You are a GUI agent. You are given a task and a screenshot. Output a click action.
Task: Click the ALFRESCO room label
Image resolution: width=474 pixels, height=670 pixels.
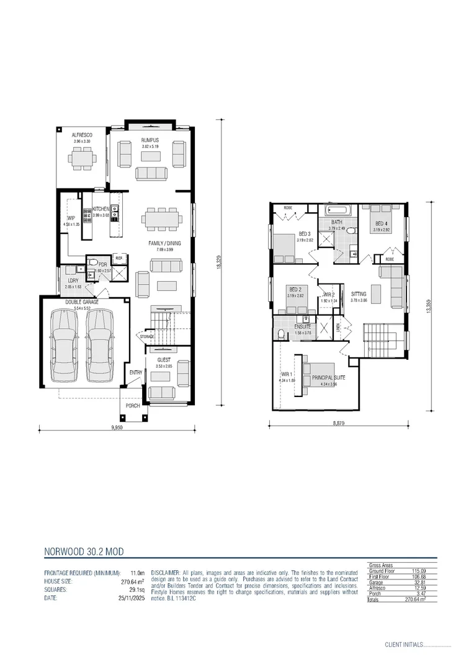click(x=81, y=135)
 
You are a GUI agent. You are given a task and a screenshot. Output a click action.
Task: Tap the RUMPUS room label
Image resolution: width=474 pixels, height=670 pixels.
click(x=150, y=141)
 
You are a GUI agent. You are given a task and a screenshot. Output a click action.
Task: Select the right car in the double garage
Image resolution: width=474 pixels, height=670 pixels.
click(x=101, y=345)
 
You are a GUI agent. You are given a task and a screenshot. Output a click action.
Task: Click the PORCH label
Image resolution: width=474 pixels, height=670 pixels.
click(x=133, y=406)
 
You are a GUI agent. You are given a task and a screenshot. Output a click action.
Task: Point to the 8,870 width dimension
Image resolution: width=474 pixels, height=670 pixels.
click(x=338, y=423)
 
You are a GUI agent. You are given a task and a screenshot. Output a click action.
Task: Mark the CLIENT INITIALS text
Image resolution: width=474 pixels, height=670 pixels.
click(x=404, y=645)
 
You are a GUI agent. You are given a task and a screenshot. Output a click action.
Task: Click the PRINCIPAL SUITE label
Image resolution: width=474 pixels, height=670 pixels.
click(x=329, y=378)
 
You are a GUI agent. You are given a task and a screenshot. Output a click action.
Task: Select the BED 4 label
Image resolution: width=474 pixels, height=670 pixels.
click(x=381, y=223)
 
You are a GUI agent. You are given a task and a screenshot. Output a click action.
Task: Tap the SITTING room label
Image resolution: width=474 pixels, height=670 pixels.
click(x=359, y=293)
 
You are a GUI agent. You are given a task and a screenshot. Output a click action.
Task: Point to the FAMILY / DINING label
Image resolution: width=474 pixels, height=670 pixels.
click(x=164, y=243)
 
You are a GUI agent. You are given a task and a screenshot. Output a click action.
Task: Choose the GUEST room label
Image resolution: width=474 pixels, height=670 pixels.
click(x=163, y=359)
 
